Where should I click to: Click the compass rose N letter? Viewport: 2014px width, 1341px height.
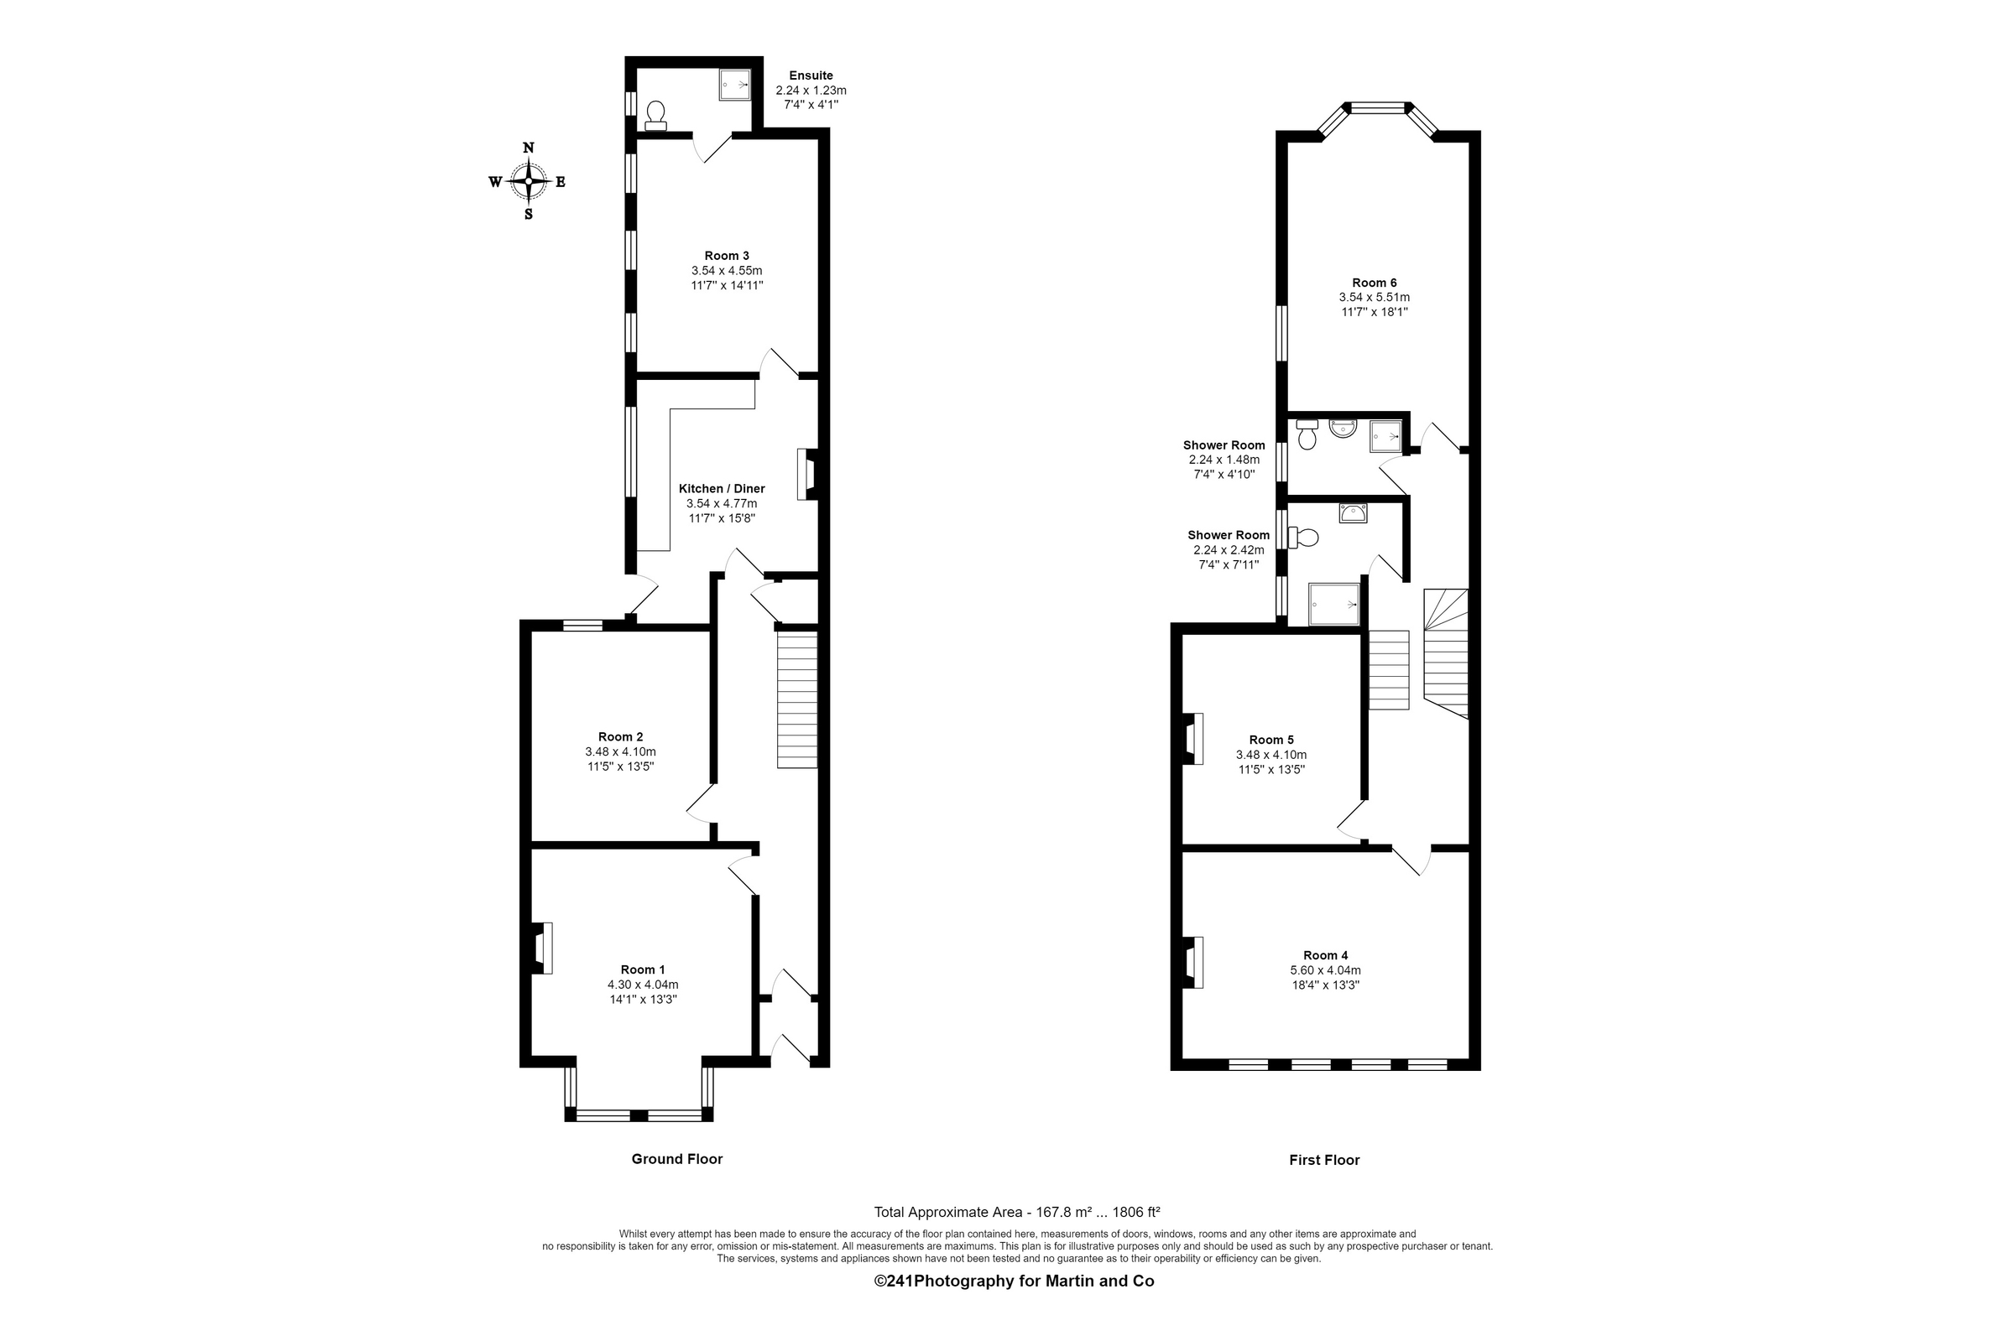(x=528, y=148)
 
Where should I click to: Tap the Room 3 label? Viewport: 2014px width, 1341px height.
(x=727, y=256)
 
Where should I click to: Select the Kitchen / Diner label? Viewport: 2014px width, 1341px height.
(x=721, y=488)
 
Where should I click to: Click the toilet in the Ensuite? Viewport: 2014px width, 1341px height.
(x=656, y=116)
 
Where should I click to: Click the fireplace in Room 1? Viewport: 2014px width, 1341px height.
(x=542, y=948)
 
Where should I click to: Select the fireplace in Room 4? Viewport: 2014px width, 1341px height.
(x=1193, y=962)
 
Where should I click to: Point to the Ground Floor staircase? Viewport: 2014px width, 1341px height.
(x=796, y=699)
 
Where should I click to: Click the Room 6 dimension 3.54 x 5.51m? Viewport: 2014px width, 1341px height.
(x=1374, y=298)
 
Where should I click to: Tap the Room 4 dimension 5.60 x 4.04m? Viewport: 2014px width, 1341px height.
(x=1325, y=969)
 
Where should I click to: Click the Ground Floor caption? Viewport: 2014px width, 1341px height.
(x=676, y=1159)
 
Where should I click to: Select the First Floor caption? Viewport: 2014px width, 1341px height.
(x=1323, y=1160)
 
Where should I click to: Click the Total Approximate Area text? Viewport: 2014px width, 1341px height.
(x=1015, y=1212)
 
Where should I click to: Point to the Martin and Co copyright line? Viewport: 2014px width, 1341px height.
(x=1014, y=1281)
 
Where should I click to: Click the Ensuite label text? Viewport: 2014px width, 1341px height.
(x=811, y=76)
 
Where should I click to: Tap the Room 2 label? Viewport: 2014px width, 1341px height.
(x=620, y=736)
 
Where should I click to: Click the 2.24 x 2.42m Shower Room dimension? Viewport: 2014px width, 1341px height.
(x=1229, y=550)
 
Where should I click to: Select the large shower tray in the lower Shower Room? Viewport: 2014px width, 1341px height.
(x=1333, y=604)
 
